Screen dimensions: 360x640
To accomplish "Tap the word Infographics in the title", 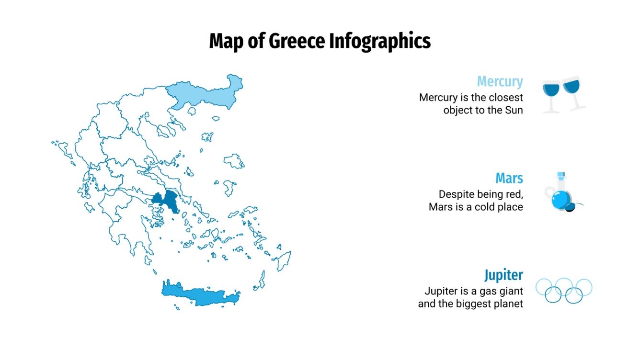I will point(379,41).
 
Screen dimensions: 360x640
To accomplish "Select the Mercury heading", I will point(500,81).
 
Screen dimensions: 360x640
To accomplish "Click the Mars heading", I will point(509,178).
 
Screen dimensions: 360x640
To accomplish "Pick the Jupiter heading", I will point(503,275).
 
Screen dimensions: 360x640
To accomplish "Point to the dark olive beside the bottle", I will point(571,207).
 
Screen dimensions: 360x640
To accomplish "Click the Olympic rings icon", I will point(564,290).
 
